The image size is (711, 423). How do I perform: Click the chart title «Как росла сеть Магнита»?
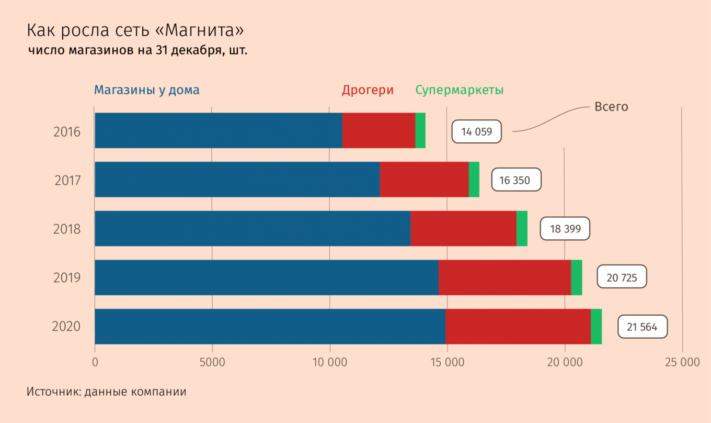point(135,30)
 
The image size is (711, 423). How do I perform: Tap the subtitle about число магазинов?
point(137,50)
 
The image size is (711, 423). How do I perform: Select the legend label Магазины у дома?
point(146,90)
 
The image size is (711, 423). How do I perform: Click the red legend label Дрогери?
point(368,90)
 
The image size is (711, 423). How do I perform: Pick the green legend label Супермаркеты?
point(460,90)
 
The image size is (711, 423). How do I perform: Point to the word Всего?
point(611,107)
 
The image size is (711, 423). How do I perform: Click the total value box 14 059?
point(476,131)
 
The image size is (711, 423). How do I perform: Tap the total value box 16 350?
point(516,180)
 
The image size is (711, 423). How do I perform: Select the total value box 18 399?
point(565,228)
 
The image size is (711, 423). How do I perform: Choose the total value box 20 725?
point(622,276)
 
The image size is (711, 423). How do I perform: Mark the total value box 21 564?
point(643,326)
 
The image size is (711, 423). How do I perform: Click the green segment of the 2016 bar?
point(420,130)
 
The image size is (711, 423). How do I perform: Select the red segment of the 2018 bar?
point(463,228)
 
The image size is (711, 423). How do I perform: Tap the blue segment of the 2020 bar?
point(270,326)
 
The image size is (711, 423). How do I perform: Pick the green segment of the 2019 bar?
point(577,277)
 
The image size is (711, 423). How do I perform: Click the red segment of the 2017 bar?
point(425,180)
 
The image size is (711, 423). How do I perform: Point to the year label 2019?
point(67,278)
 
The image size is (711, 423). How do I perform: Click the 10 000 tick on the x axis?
point(330,362)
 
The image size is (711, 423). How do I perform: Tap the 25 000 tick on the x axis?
point(682,362)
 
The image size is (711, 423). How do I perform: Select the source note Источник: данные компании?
point(106,392)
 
